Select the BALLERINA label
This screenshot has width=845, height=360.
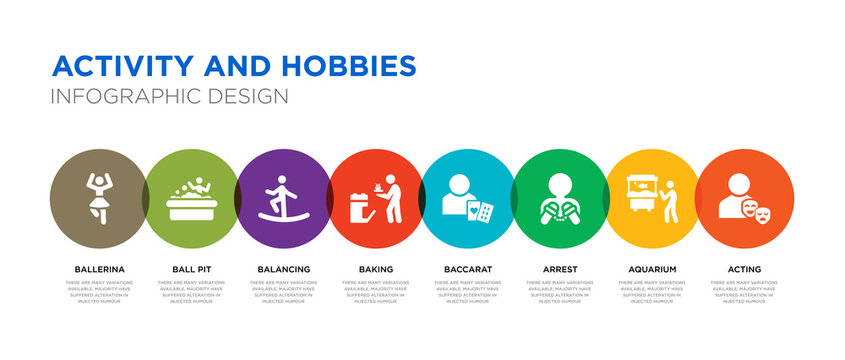(x=99, y=269)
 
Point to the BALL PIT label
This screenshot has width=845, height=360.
(x=191, y=269)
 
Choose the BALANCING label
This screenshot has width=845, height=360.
(x=283, y=269)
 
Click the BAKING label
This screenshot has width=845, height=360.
(x=376, y=269)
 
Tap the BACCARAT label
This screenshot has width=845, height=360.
(x=468, y=269)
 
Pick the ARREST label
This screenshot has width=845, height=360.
(x=560, y=269)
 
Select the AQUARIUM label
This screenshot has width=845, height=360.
(x=652, y=269)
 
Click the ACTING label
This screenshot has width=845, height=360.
(x=745, y=269)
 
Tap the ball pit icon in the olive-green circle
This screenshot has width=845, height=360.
(x=191, y=199)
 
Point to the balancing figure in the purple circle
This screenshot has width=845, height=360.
(x=283, y=196)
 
